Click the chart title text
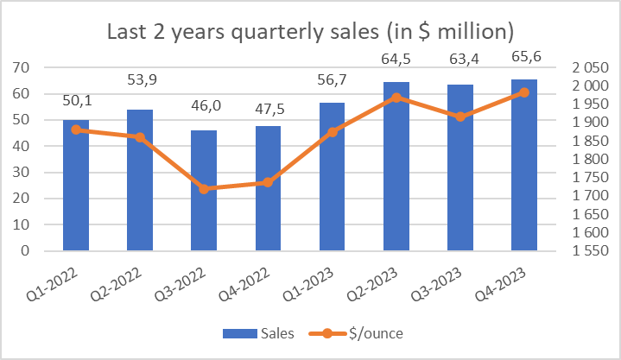pos(310,32)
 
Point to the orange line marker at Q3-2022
pos(204,188)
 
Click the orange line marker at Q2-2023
pos(396,98)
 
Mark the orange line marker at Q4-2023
pos(524,92)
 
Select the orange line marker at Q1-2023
pos(333,132)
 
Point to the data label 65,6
pos(524,62)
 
